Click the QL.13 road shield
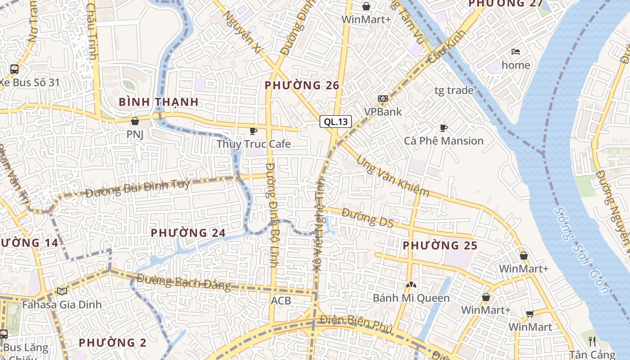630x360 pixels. click(x=336, y=121)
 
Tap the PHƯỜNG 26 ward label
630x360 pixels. click(x=301, y=85)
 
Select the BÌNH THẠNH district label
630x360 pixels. click(x=159, y=102)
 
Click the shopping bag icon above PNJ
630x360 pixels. click(x=135, y=121)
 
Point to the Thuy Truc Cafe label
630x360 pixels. click(x=254, y=144)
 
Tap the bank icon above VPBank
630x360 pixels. click(x=383, y=99)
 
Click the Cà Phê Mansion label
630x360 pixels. click(x=444, y=141)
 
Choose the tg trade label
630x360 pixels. click(x=454, y=90)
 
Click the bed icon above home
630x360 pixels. click(x=516, y=52)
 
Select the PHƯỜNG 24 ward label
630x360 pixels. click(x=188, y=233)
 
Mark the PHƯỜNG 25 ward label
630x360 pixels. click(x=440, y=246)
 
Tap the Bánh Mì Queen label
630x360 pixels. click(x=411, y=298)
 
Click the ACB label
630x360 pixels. click(x=281, y=301)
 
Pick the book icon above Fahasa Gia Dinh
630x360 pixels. click(x=62, y=291)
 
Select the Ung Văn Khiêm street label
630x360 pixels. click(x=392, y=177)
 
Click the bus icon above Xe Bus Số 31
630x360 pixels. click(x=14, y=69)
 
